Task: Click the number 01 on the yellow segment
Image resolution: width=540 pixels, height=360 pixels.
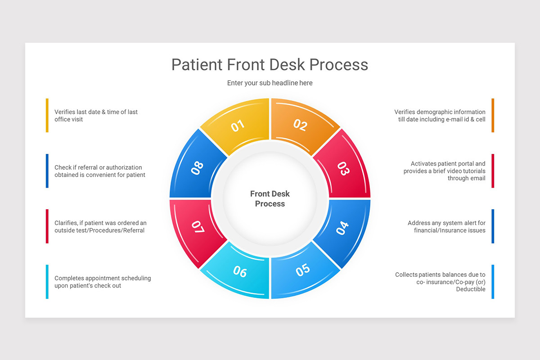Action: (238, 126)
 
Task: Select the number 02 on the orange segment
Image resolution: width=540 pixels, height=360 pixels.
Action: (300, 125)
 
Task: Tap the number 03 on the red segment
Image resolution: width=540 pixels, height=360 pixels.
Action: (343, 168)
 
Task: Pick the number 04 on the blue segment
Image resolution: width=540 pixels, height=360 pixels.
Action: (342, 228)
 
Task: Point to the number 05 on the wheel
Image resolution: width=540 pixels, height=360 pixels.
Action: (303, 270)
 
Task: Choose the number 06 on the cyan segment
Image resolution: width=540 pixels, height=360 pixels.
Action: (240, 271)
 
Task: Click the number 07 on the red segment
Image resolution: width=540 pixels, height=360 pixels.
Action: (198, 227)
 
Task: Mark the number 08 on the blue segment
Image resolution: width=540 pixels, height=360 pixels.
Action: (197, 168)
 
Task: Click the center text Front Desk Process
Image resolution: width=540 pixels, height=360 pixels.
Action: (270, 198)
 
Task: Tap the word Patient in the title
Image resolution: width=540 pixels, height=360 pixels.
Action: (197, 64)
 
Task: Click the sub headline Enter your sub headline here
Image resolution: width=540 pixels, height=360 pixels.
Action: (270, 83)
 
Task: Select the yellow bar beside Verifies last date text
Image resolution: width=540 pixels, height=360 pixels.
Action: (47, 115)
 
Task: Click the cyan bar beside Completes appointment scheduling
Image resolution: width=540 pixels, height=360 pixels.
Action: (47, 282)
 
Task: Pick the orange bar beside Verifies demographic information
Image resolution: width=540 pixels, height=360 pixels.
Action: (493, 115)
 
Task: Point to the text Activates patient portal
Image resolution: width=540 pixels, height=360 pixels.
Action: (448, 164)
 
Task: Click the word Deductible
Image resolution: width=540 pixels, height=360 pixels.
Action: (471, 289)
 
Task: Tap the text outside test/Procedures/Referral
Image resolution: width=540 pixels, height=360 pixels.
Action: (99, 230)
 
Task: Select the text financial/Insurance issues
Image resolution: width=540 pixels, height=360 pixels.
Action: (450, 230)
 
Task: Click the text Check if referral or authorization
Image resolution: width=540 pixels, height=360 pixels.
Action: (98, 167)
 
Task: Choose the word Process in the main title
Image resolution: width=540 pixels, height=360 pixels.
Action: (340, 64)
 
